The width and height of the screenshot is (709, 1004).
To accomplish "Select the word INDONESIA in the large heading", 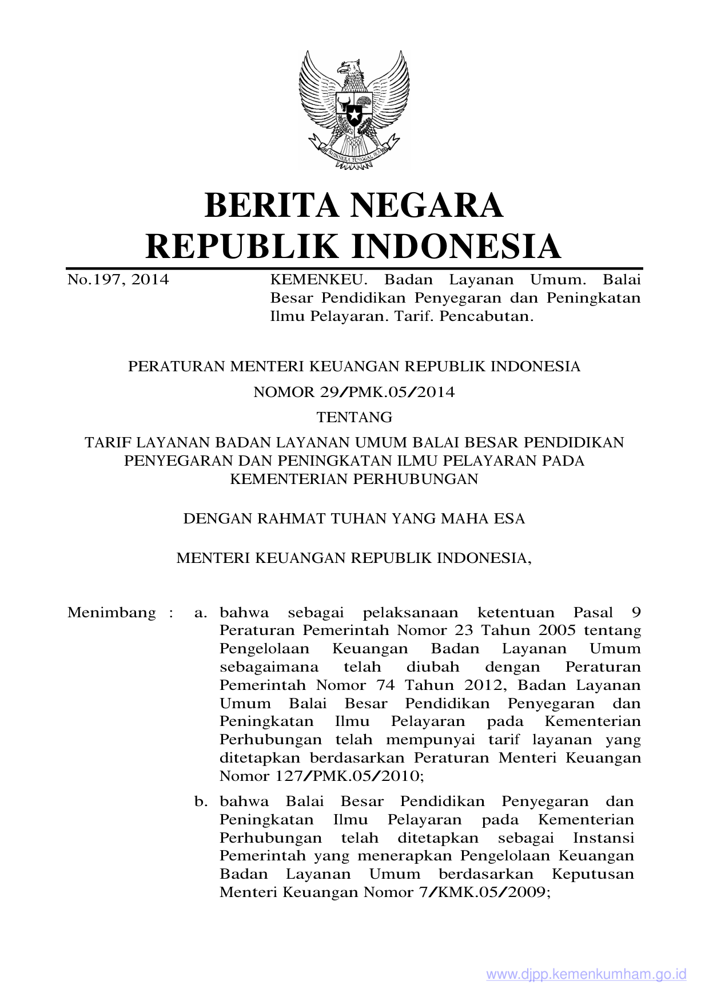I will point(455,247).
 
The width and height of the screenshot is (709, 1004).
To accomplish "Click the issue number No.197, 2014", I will point(118,280).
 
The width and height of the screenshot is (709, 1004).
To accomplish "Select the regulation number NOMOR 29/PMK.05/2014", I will point(354,392).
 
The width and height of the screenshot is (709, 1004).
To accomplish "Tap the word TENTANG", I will point(354,417).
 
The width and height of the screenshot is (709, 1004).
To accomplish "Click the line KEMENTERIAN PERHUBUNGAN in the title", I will point(354,479).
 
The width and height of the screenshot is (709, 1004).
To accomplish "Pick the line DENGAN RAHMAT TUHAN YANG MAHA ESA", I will point(354,519).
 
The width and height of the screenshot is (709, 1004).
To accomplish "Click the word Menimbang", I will point(111,613).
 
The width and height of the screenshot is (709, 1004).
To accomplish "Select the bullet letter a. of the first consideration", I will point(200,613).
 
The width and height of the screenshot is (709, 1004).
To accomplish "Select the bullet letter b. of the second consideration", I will point(200,801).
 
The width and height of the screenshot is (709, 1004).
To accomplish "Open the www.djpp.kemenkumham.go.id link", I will point(586,975).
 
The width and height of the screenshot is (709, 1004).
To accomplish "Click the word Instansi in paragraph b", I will point(603,838).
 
